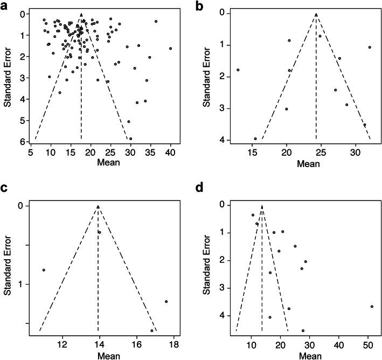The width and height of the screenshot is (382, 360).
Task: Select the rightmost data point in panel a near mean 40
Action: [170, 49]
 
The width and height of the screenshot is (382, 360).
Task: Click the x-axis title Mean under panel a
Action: [96, 163]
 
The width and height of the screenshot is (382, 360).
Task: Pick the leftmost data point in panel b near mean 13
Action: [238, 70]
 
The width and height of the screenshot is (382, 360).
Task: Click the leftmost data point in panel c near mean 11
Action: [43, 269]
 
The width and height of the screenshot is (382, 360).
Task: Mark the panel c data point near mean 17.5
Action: [166, 301]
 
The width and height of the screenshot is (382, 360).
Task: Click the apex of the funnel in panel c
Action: [98, 206]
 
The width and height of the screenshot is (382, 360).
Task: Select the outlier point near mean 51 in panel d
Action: [372, 306]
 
